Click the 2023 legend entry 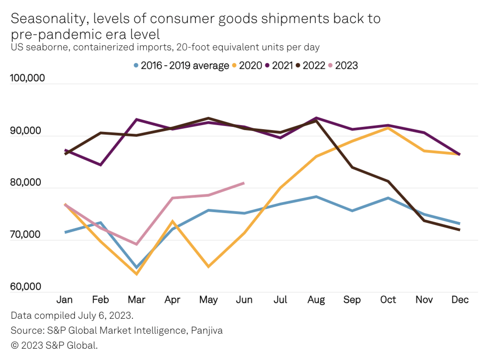click(343, 65)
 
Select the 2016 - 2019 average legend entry click(181, 65)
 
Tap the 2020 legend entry click(247, 65)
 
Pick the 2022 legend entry click(310, 65)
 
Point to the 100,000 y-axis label click(27, 78)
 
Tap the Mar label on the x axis click(137, 300)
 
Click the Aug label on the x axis click(316, 300)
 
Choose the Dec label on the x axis click(460, 300)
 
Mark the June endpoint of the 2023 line click(244, 183)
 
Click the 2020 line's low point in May click(208, 267)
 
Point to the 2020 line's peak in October click(387, 128)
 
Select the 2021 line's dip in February click(100, 165)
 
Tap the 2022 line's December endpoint click(460, 230)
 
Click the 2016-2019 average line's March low click(137, 268)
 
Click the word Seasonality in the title click(52, 19)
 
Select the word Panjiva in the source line click(206, 331)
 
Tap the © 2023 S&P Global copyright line click(54, 345)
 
